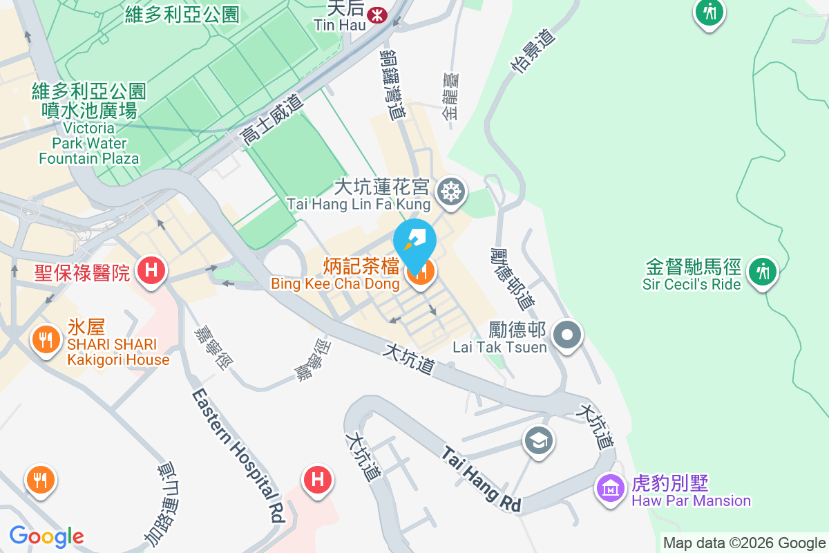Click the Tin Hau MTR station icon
[377, 14]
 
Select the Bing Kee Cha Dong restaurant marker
[420, 273]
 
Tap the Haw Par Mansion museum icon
[610, 489]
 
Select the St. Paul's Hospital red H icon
[150, 269]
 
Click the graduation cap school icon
[538, 439]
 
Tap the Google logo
[46, 536]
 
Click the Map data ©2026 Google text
[744, 543]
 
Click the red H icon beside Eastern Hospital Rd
[318, 478]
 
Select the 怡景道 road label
[533, 50]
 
